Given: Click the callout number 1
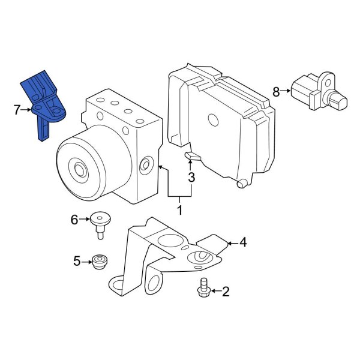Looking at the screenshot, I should pyautogui.click(x=179, y=210).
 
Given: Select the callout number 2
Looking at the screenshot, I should pyautogui.click(x=226, y=292).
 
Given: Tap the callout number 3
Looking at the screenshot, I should pyautogui.click(x=191, y=178).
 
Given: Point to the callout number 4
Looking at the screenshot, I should pyautogui.click(x=242, y=243).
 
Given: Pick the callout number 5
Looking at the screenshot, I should pyautogui.click(x=77, y=261).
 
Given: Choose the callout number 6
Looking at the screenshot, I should pyautogui.click(x=74, y=220).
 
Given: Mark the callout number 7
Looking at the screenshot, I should pyautogui.click(x=17, y=109).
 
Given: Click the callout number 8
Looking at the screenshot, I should pyautogui.click(x=276, y=92).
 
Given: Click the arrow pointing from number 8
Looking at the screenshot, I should pyautogui.click(x=286, y=92).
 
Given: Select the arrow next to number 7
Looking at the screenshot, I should pyautogui.click(x=26, y=109).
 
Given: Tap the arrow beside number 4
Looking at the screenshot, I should pyautogui.click(x=232, y=243).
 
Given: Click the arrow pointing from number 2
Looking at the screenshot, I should pyautogui.click(x=215, y=292).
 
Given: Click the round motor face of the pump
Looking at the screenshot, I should pyautogui.click(x=81, y=167).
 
